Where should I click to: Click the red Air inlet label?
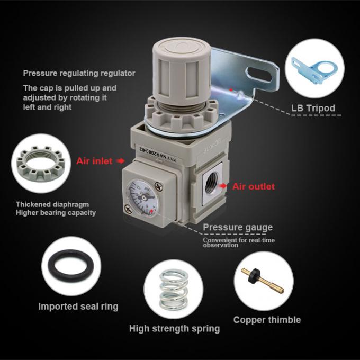[94, 160]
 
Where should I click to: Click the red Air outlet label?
[254, 186]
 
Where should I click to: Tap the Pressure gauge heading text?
[238, 228]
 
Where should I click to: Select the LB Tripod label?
[313, 109]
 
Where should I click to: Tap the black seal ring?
[71, 265]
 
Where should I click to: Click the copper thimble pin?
[263, 280]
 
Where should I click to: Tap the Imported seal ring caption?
[78, 307]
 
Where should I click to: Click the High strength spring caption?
[174, 329]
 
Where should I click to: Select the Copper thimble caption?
[267, 320]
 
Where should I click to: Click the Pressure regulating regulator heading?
[79, 73]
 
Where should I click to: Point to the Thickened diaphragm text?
[52, 204]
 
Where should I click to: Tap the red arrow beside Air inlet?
[120, 160]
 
